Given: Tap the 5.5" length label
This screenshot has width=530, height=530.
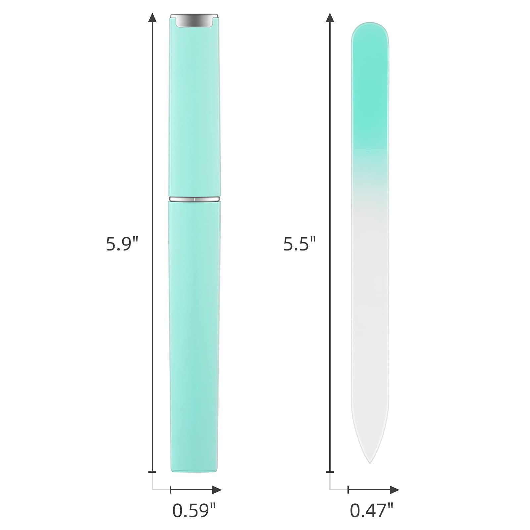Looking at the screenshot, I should [299, 244].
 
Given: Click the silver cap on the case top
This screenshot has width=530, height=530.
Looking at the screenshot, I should [194, 21].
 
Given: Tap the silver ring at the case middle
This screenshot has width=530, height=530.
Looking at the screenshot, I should [194, 199].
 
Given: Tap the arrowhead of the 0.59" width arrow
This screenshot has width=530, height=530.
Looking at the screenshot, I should [217, 490].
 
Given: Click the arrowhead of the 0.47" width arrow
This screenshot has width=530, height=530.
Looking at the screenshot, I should [395, 490].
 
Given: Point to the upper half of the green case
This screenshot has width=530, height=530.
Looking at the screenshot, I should [194, 109].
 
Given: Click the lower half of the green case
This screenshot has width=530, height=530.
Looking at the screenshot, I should [194, 331].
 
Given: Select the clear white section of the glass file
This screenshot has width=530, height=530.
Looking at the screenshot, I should [370, 315].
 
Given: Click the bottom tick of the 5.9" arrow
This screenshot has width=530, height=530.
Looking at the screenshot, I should [152, 472].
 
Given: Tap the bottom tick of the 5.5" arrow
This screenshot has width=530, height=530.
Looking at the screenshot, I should [330, 472].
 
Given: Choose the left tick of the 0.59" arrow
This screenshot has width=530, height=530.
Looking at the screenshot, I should [171, 490].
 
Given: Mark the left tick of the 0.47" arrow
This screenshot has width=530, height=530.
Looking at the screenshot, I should [348, 490].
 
